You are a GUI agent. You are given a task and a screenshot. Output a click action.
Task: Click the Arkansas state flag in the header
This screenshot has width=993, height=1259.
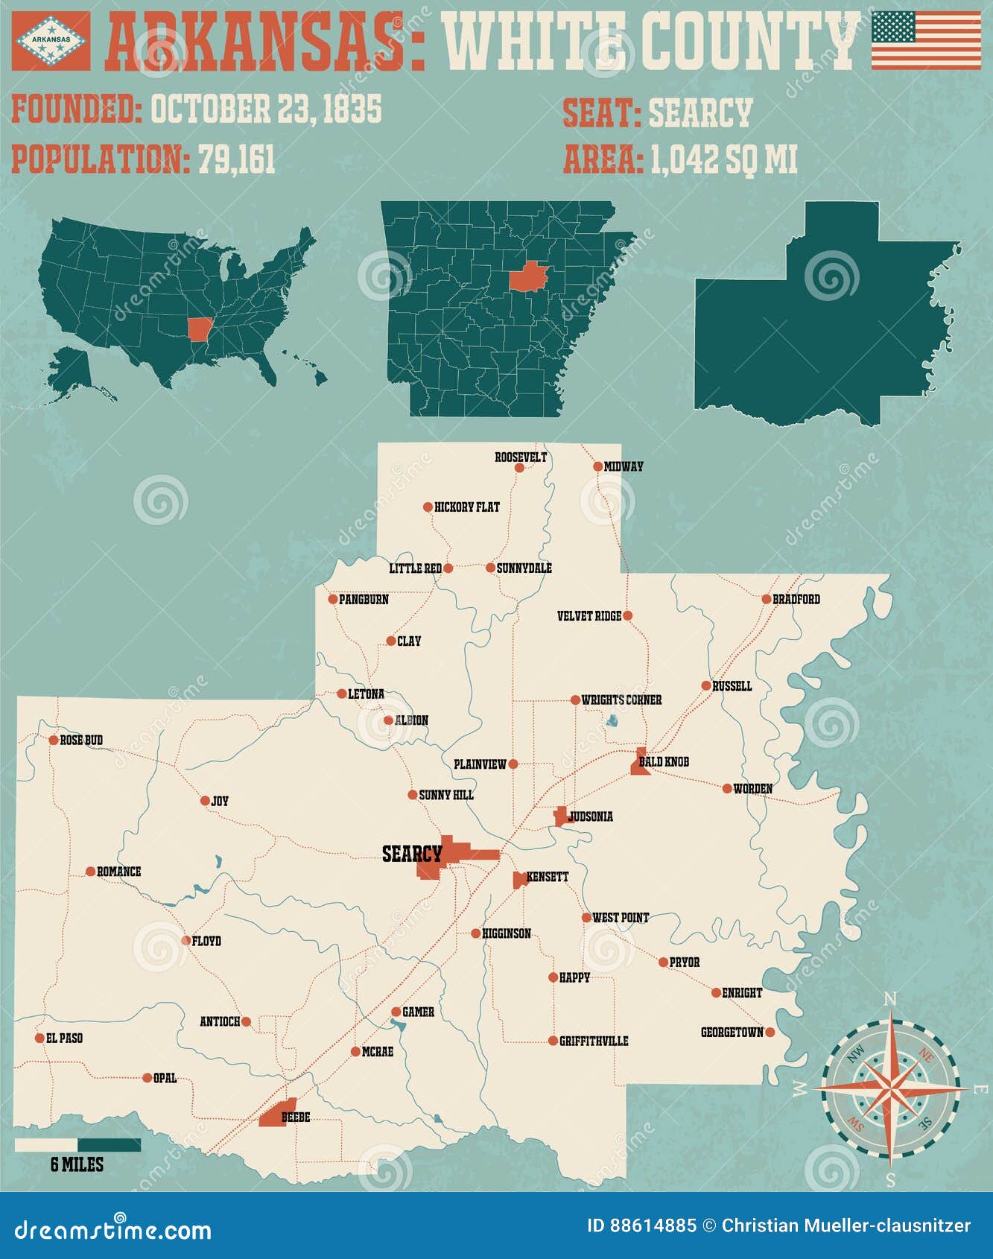click(x=51, y=41)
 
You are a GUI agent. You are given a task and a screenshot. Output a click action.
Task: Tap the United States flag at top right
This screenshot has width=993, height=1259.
click(x=926, y=41)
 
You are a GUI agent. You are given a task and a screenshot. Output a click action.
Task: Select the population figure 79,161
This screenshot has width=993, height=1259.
click(x=236, y=159)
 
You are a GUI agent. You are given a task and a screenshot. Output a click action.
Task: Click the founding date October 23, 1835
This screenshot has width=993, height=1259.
click(x=266, y=109)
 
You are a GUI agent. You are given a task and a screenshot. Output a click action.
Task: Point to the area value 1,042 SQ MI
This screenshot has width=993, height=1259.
click(x=723, y=159)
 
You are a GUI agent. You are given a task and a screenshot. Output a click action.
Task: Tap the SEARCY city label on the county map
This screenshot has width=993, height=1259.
click(x=411, y=854)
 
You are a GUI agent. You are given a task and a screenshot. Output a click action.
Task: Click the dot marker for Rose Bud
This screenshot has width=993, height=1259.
click(x=54, y=740)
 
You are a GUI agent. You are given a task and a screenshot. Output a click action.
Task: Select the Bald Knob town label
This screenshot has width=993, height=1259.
click(x=664, y=761)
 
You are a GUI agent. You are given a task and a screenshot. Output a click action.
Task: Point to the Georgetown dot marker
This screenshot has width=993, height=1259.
click(x=770, y=1032)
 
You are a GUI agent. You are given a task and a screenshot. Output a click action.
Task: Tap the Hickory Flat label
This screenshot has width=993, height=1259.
click(x=466, y=507)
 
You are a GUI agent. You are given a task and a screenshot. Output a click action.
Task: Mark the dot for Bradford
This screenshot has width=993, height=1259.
click(x=767, y=599)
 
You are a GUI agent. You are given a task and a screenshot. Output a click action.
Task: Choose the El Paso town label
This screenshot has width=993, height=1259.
click(x=64, y=1038)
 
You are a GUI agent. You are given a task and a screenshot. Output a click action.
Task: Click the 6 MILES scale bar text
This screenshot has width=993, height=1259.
click(x=77, y=1164)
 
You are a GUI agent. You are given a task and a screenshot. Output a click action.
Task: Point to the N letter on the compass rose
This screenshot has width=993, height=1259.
click(x=891, y=999)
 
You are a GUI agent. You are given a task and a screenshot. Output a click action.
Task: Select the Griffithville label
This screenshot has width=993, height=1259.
click(x=594, y=1041)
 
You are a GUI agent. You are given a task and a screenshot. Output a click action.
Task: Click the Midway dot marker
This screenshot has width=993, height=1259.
click(x=597, y=466)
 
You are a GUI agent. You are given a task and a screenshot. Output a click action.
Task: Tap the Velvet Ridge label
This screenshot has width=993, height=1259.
click(x=588, y=616)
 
